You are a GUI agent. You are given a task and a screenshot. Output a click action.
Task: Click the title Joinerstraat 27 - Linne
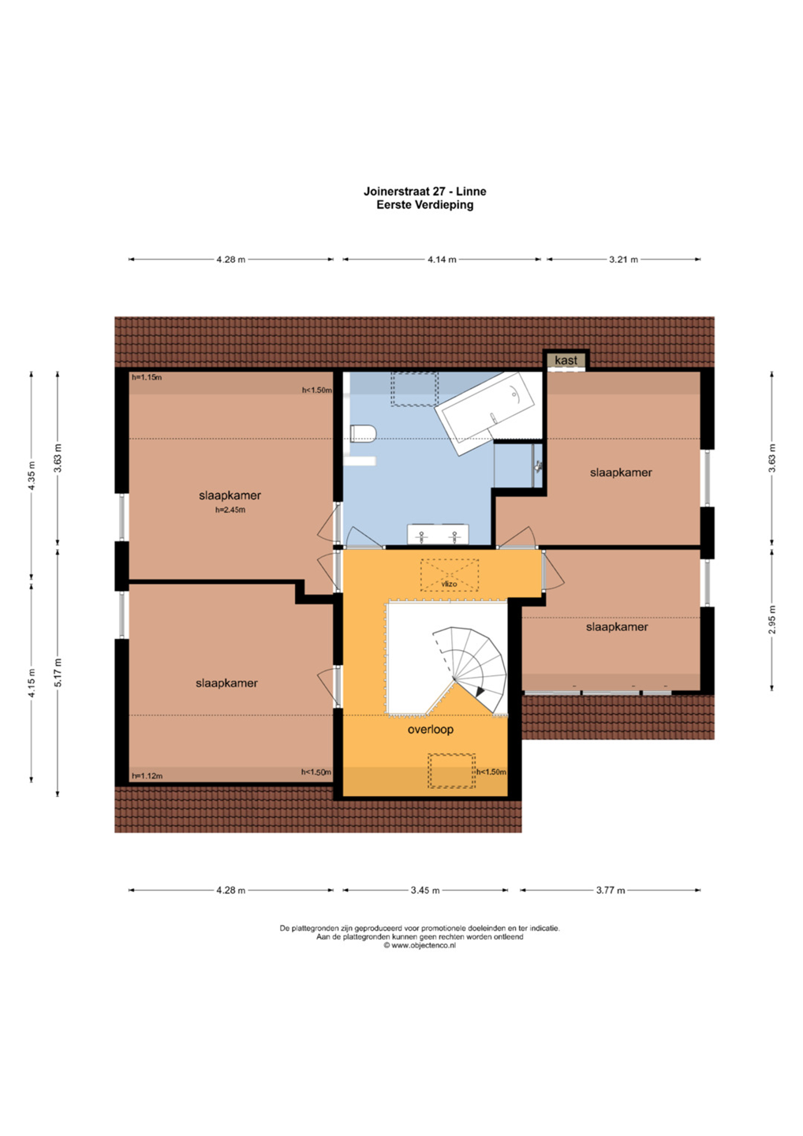tap(425, 191)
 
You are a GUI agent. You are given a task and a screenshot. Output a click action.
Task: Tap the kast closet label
tap(566, 360)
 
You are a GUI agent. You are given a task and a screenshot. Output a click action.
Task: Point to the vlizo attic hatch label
tap(449, 584)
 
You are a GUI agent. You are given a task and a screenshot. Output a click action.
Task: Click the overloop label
tap(431, 729)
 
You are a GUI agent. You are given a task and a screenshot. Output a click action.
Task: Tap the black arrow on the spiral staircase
tap(479, 691)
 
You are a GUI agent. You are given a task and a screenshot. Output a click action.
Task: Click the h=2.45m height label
tap(230, 510)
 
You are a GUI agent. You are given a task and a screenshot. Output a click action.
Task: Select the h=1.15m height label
tap(147, 377)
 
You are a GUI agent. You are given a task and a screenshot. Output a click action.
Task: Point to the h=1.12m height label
tap(147, 776)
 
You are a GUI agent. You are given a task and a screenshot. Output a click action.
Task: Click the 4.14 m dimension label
tap(442, 260)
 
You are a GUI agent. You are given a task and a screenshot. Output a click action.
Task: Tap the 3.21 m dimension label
tap(623, 260)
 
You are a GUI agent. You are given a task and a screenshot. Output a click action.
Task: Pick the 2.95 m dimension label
tap(772, 620)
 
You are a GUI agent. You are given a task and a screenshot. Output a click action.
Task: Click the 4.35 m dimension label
tap(32, 475)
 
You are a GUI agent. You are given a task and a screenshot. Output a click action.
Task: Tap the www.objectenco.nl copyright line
tap(420, 945)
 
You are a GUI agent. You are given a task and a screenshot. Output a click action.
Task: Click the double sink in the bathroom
tap(438, 535)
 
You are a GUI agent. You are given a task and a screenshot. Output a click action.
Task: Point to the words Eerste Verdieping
tap(425, 205)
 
